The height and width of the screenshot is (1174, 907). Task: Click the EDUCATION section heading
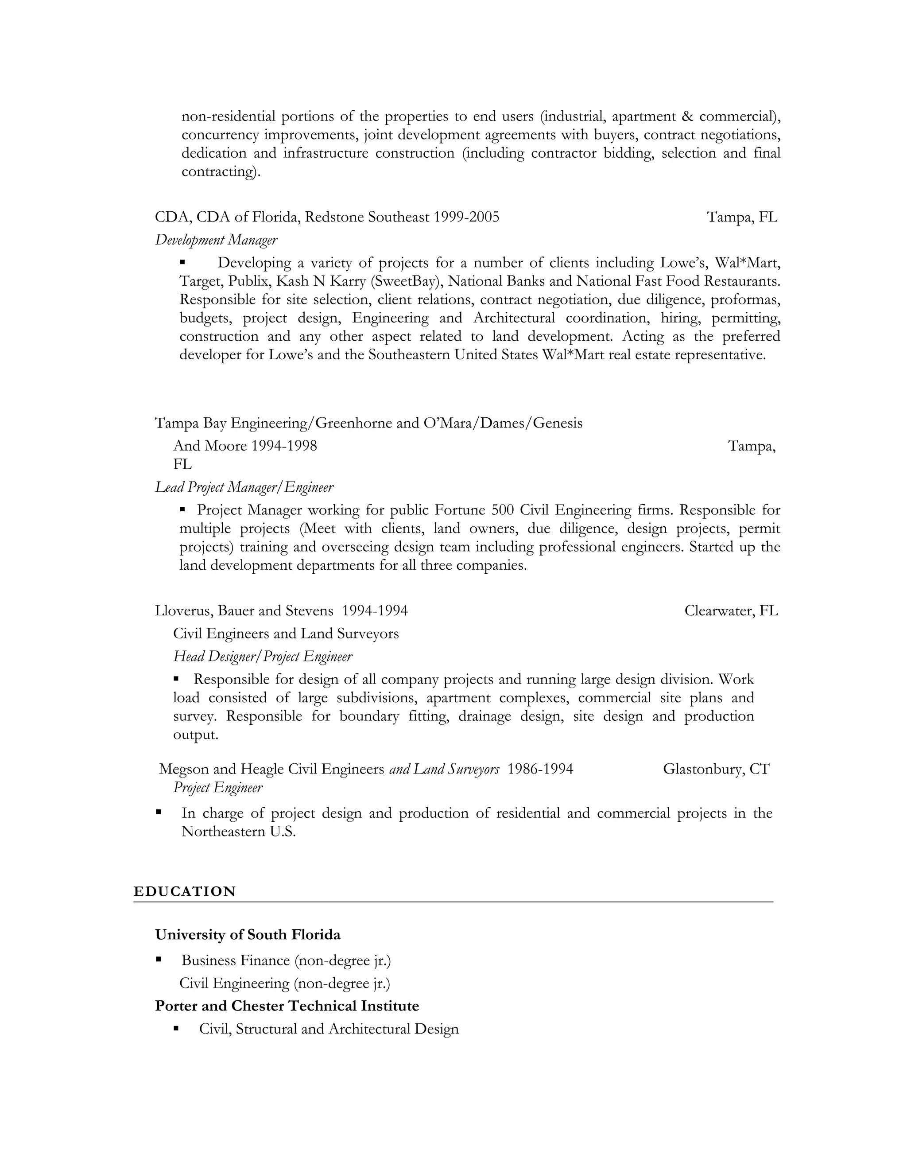(184, 891)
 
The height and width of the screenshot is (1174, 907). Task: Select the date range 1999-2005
(466, 217)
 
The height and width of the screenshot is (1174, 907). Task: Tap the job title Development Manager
(216, 240)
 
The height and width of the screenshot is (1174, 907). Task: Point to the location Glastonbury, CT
(716, 769)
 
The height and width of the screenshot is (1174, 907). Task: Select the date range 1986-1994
(540, 769)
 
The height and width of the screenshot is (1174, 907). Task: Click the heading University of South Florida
(248, 935)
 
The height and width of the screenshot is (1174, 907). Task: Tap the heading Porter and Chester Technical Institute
(287, 1006)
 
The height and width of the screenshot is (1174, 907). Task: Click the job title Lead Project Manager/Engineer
(244, 487)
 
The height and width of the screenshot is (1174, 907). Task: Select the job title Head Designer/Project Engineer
(263, 657)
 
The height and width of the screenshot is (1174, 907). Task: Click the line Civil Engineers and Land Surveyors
(286, 634)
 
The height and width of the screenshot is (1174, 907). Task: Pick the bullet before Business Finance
(159, 960)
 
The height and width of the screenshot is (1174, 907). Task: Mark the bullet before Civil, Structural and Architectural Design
(176, 1028)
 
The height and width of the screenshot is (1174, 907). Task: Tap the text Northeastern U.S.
(239, 832)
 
